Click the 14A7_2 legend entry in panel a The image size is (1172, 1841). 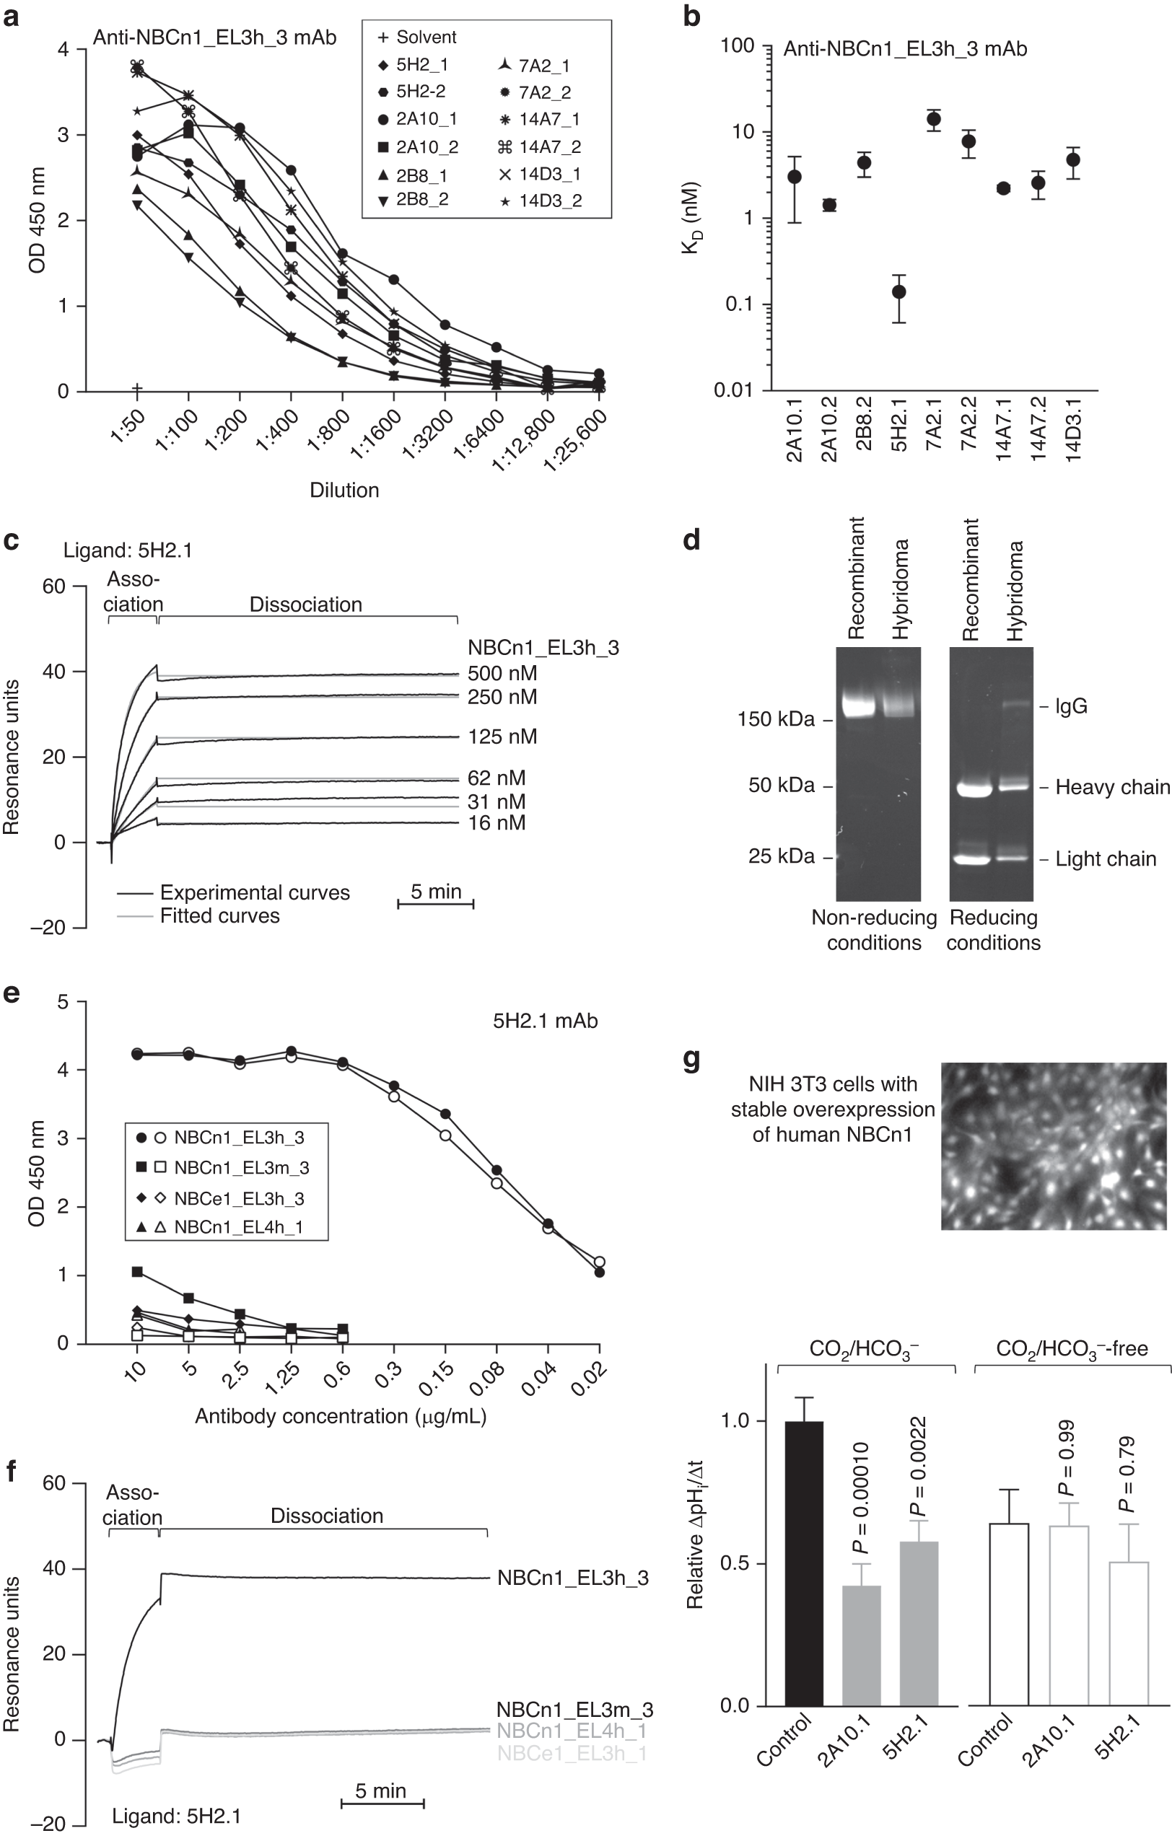pos(539,146)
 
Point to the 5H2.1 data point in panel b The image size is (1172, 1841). pos(899,292)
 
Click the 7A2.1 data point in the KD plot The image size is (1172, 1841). pos(933,119)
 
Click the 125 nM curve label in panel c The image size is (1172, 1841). pos(502,737)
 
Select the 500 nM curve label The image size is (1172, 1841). pos(502,674)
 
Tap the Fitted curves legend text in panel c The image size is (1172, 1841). pos(219,916)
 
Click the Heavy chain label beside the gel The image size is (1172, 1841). pos(1112,787)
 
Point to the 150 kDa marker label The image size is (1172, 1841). pos(776,719)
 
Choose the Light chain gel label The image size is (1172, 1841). pos(1106,858)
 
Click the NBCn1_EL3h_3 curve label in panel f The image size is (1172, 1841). pos(572,1578)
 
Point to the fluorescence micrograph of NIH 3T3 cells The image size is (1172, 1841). pos(1054,1146)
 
